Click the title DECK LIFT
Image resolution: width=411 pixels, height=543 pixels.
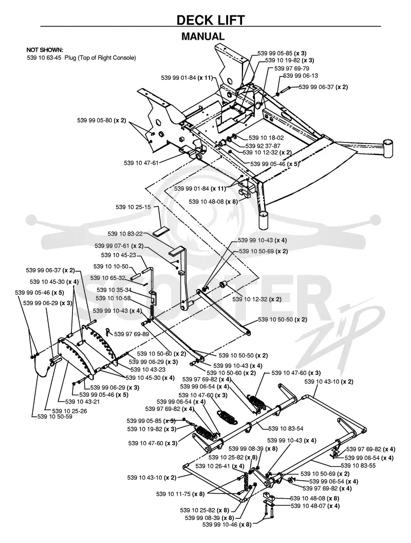210,20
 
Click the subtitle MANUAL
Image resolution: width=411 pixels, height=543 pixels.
203,36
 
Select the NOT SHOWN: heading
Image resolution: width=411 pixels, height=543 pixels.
45,50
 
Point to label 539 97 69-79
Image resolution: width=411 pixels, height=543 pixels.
292,68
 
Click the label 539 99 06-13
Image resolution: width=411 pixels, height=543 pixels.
301,76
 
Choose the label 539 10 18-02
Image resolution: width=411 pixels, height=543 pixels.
266,138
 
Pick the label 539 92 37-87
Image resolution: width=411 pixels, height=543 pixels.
263,146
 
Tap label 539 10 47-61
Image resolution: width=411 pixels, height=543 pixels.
141,163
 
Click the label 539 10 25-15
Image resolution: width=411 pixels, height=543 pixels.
133,207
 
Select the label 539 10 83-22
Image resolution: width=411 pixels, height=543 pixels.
125,234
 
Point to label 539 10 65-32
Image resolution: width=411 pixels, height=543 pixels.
107,278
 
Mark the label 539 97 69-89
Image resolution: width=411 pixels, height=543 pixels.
132,334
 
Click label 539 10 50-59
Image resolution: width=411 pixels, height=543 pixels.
55,416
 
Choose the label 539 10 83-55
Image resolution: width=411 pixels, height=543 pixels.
358,466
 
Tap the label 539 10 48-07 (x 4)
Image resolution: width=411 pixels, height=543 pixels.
315,506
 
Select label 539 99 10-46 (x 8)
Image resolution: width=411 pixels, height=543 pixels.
227,524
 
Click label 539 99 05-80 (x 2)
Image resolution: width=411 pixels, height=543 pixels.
102,120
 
